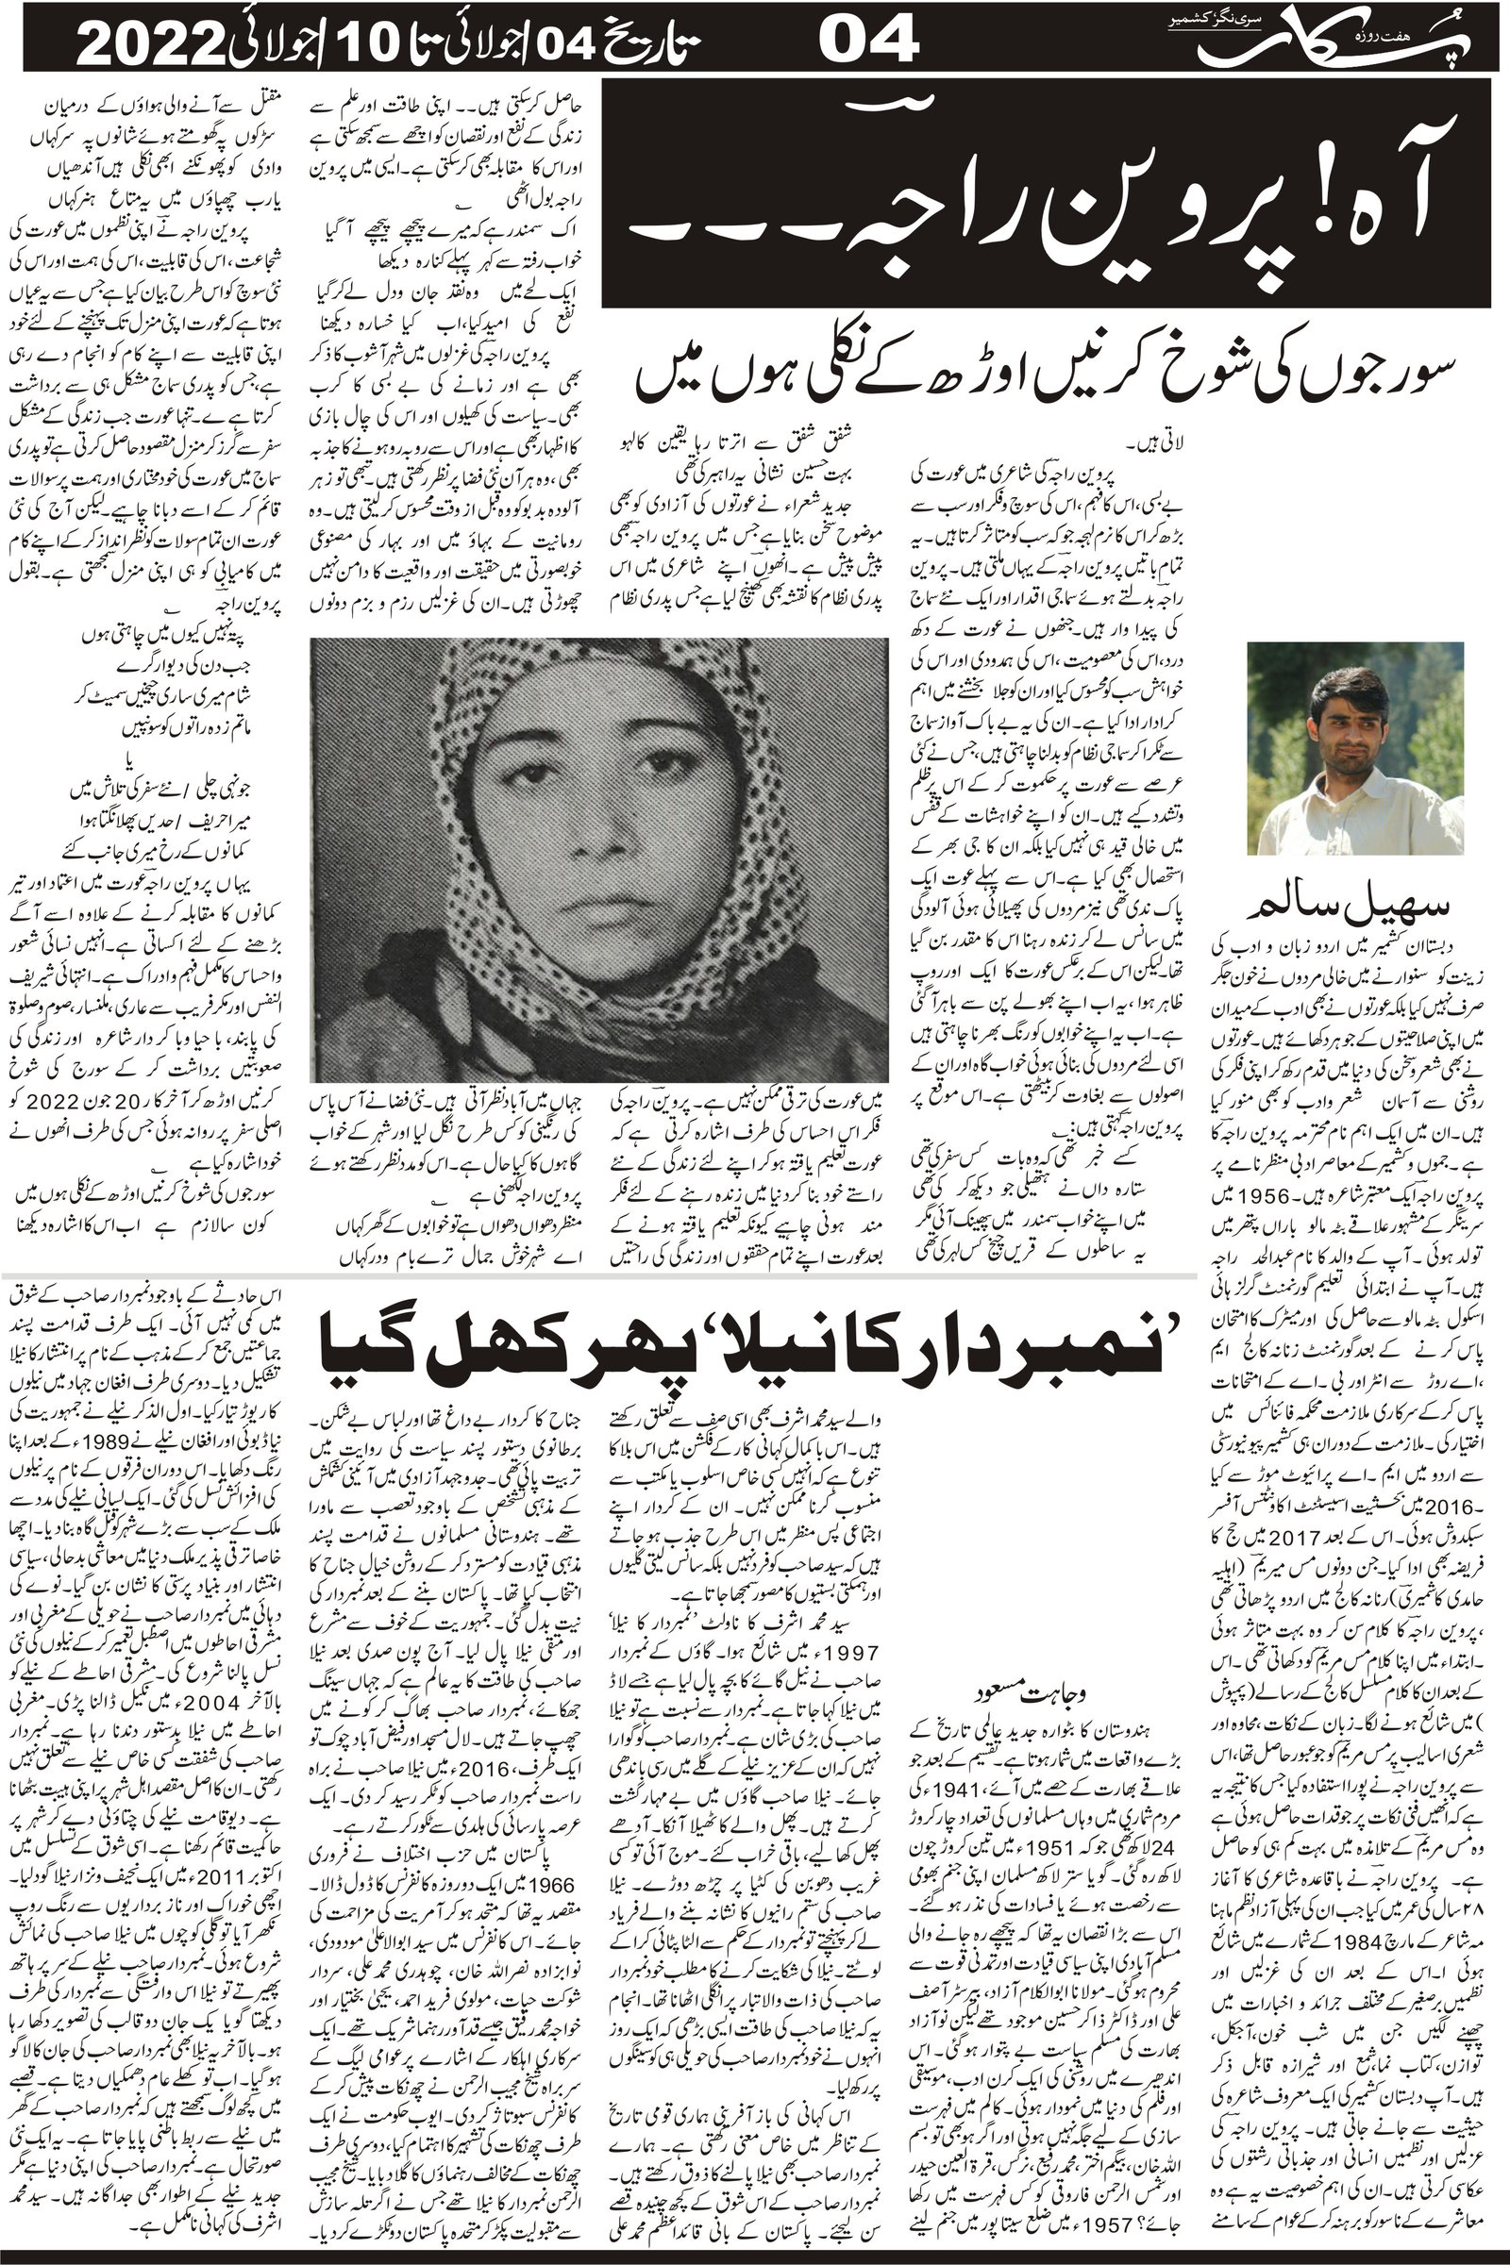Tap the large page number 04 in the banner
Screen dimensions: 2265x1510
[x=870, y=44]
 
